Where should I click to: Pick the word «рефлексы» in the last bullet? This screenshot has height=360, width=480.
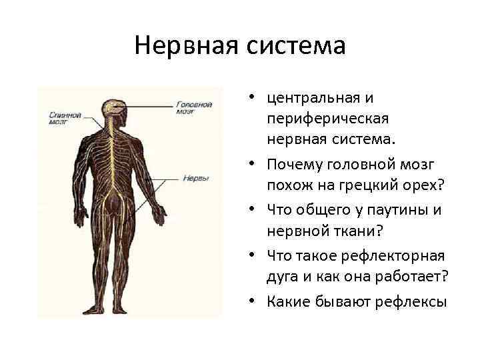point(413,301)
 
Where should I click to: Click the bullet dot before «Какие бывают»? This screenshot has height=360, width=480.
point(256,301)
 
